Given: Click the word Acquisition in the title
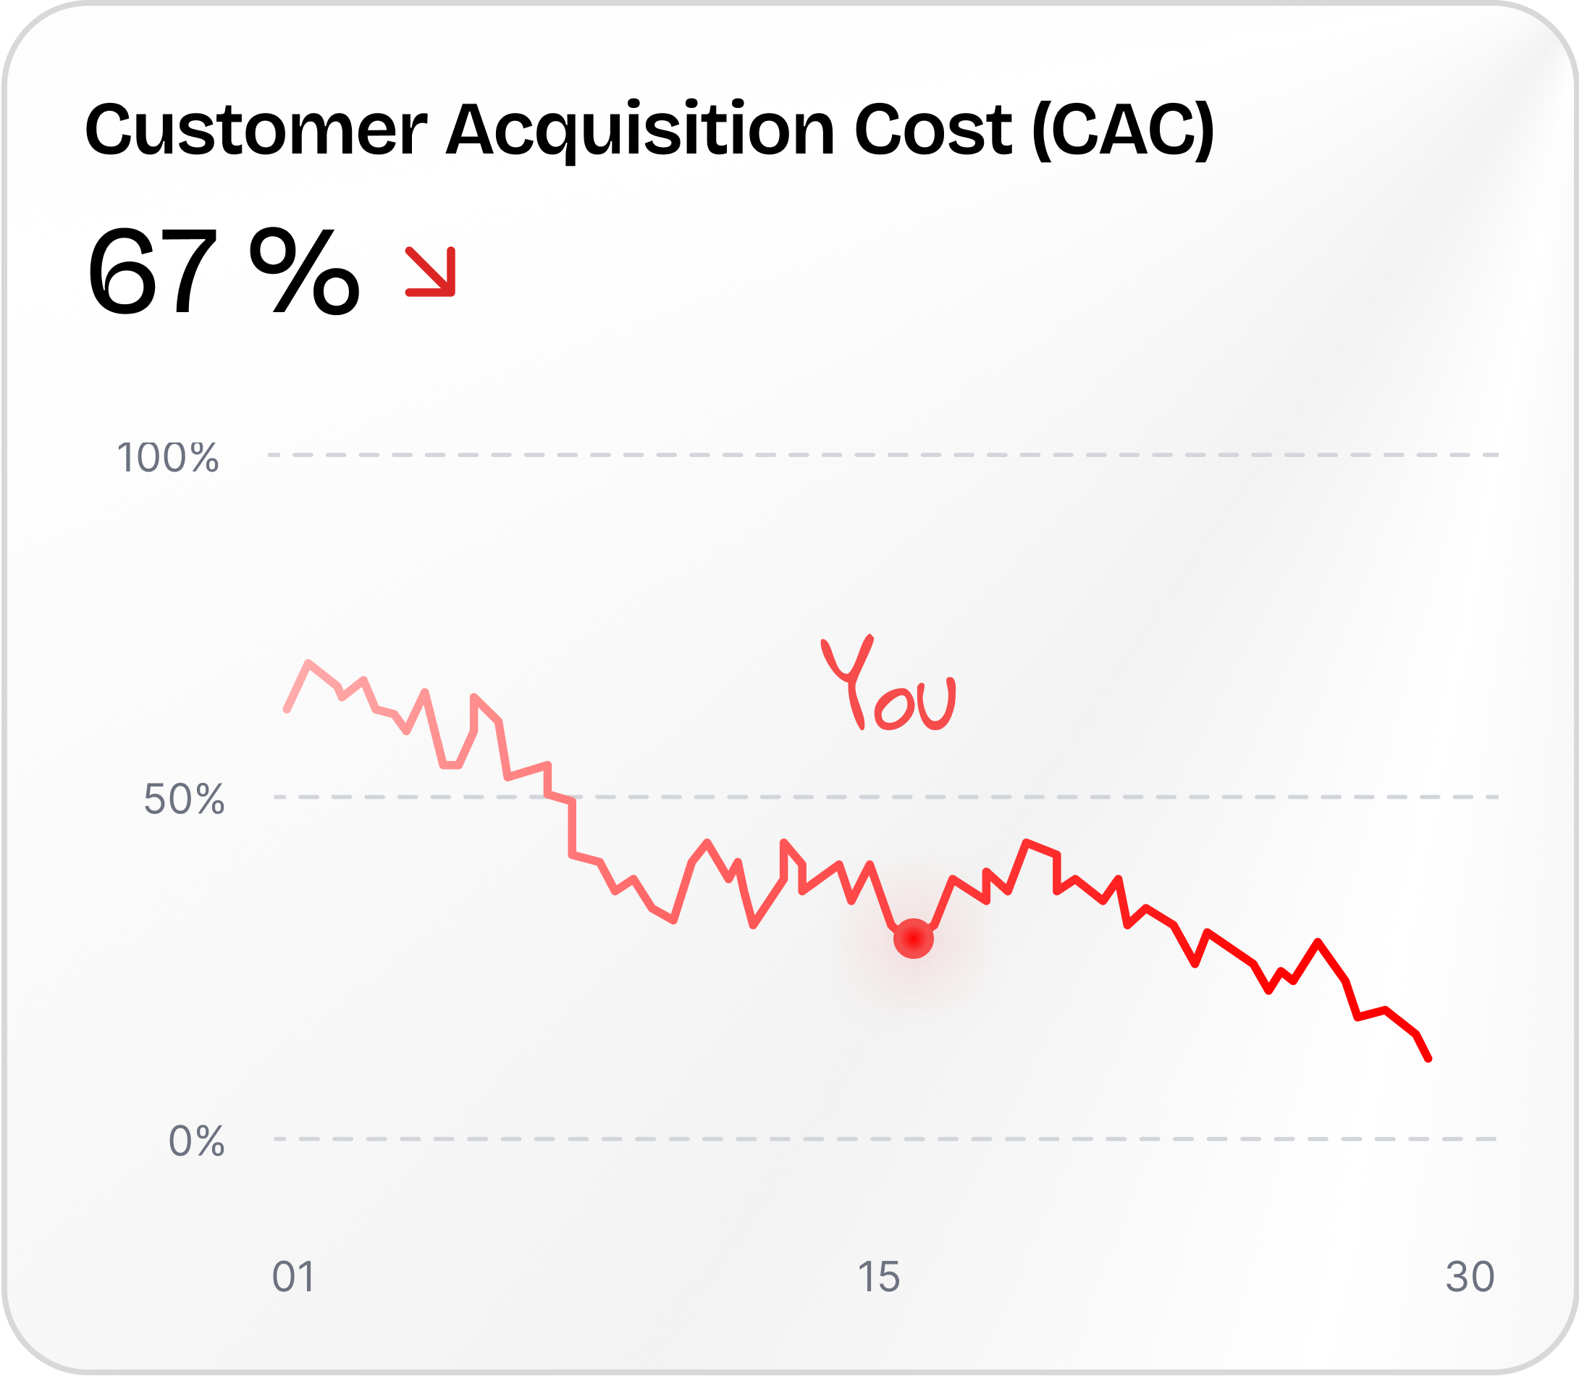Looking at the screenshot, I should pos(640,130).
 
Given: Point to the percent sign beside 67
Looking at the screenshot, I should pos(304,272).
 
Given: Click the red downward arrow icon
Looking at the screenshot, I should pos(431,271).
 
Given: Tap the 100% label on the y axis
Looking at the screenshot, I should pos(168,458).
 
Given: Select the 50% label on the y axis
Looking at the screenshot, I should pos(184,800).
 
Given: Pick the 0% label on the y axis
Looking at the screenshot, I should pos(196,1141).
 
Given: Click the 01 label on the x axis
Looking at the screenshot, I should pos(293,1277).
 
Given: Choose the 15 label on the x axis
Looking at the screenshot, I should pos(878,1277).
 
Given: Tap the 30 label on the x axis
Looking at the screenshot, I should pos(1470,1277).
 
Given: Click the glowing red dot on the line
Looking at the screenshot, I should pos(914,939).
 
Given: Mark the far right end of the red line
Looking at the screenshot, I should pos(1428,1059).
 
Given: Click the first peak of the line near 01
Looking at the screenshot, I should pos(308,663).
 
